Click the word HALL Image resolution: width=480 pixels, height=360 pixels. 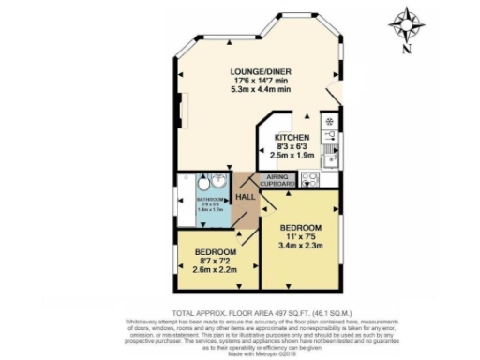[246, 196]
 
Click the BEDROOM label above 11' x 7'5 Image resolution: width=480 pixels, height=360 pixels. [302, 228]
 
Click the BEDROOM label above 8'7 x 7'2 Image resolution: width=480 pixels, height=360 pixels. [216, 253]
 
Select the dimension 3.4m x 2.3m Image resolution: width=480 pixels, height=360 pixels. [302, 247]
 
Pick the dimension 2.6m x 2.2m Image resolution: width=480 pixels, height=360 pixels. [216, 272]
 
